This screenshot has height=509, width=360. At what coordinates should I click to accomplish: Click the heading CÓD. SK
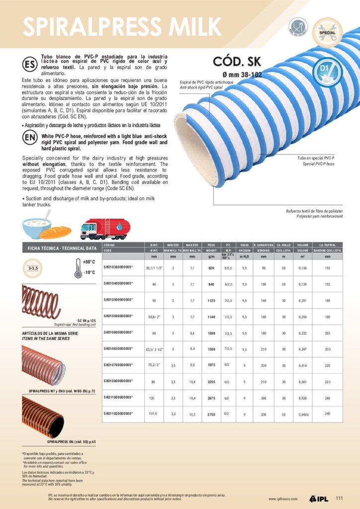pyautogui.click(x=240, y=62)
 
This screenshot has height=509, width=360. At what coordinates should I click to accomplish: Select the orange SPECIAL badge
pyautogui.click(x=327, y=32)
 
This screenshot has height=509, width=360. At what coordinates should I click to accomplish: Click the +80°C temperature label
pyautogui.click(x=89, y=261)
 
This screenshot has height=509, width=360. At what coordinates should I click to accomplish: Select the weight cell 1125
pyautogui.click(x=211, y=301)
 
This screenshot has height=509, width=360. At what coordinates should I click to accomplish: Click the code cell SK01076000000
pyautogui.click(x=118, y=365)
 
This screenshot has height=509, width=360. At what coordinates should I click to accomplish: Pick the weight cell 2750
pyautogui.click(x=211, y=414)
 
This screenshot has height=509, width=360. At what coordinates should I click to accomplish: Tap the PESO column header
pyautogui.click(x=211, y=246)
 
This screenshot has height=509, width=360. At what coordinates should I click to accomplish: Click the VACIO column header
pyautogui.click(x=244, y=246)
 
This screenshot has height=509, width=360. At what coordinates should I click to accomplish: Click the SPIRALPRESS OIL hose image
pyautogui.click(x=43, y=417)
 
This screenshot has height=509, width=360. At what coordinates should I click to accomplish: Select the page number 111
pyautogui.click(x=340, y=499)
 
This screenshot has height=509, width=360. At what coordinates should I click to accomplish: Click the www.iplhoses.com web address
pyautogui.click(x=283, y=499)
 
